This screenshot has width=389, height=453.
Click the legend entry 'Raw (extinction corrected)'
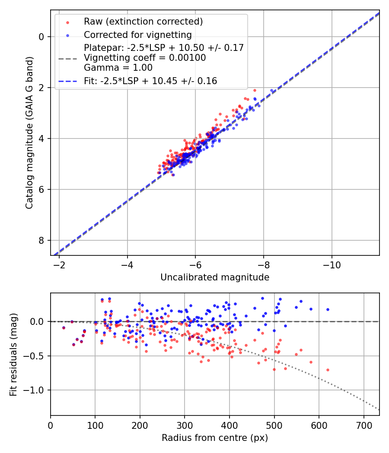[x=143, y=22]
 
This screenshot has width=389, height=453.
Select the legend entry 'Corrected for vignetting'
[x=137, y=35]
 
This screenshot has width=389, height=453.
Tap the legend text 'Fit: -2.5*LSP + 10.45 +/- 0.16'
[x=150, y=81]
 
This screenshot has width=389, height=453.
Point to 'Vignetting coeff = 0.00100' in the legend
[x=145, y=58]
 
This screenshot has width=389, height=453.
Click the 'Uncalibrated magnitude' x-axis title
[x=215, y=277]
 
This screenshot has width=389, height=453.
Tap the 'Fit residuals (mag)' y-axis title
[x=13, y=354]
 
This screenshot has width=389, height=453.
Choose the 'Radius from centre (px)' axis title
[x=215, y=438]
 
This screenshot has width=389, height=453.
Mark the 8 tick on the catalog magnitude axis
[x=42, y=240]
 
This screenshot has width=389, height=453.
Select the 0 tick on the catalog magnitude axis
[x=42, y=37]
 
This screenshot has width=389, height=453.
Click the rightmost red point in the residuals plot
[x=328, y=370]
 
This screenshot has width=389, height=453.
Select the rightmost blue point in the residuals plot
[x=328, y=309]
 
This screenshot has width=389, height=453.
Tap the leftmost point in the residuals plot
[x=64, y=328]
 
